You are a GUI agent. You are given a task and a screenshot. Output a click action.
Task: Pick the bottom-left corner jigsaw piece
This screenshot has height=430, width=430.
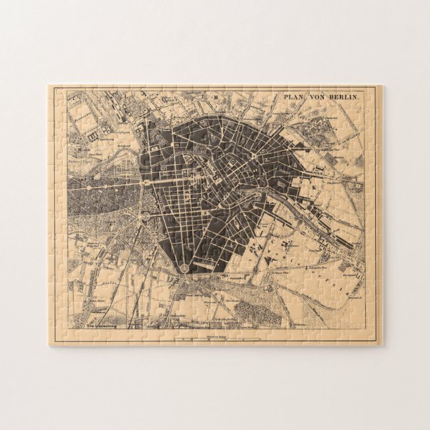click(61, 334)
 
